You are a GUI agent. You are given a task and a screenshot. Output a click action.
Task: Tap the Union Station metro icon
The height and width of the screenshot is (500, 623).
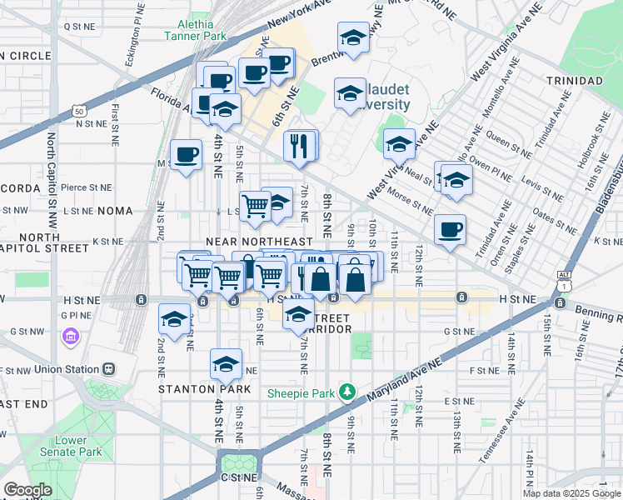pyautogui.click(x=107, y=368)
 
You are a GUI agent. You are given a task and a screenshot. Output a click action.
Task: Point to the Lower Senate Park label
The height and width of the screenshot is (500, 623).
pyautogui.click(x=71, y=446)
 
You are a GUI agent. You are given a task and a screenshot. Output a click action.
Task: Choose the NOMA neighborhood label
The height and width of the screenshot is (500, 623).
pyautogui.click(x=115, y=212)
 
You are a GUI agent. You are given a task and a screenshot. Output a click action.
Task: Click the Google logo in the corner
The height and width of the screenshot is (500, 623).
pyautogui.click(x=27, y=490)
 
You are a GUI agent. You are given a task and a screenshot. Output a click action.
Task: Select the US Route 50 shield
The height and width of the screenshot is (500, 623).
pyautogui.click(x=78, y=110)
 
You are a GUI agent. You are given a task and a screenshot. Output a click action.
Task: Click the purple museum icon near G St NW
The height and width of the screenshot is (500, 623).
pyautogui.click(x=70, y=337)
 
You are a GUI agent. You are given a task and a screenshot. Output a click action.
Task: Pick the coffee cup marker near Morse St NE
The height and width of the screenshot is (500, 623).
pyautogui.click(x=450, y=229)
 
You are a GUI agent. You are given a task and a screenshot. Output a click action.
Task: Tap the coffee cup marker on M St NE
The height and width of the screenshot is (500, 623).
pyautogui.click(x=186, y=154)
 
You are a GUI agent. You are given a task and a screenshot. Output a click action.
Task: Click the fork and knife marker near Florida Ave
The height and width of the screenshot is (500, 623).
pyautogui.click(x=299, y=146)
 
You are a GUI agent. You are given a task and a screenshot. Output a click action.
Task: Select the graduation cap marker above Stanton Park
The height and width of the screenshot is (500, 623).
pyautogui.click(x=226, y=364)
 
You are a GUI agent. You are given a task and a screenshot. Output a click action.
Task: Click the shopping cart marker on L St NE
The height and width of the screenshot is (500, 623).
pyautogui.click(x=256, y=205)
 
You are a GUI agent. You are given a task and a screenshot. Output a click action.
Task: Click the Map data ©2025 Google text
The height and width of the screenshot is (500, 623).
pyautogui.click(x=572, y=493)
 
